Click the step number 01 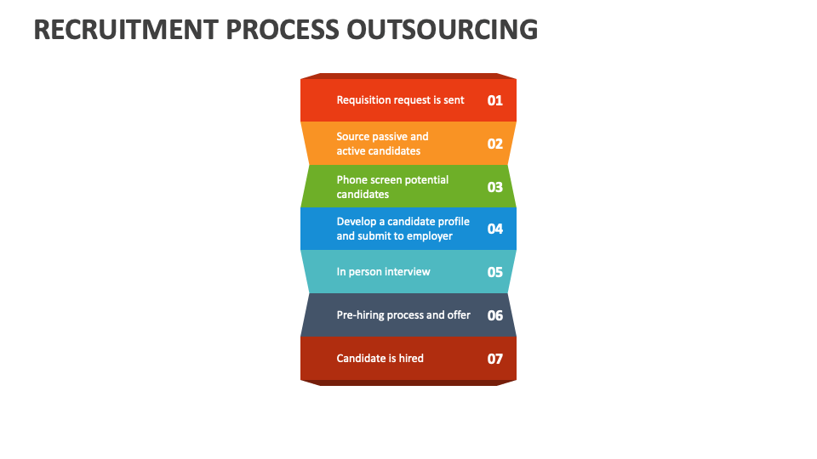click(495, 100)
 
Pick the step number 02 click(495, 144)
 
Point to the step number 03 click(495, 187)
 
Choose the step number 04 click(495, 229)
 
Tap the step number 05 click(495, 273)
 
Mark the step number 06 click(495, 315)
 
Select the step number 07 click(495, 359)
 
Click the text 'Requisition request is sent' click(400, 100)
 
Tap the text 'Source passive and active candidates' click(382, 144)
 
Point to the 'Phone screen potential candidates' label click(392, 187)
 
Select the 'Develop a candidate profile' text click(403, 222)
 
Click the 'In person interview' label click(383, 272)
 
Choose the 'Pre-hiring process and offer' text click(403, 315)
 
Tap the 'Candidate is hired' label click(380, 359)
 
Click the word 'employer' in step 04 click(430, 236)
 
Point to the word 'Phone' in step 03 click(351, 180)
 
